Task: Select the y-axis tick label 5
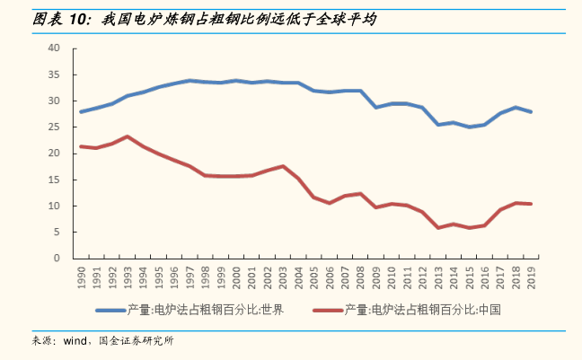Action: tap(56, 232)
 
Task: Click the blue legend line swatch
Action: tap(110, 311)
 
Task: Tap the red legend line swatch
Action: tap(327, 311)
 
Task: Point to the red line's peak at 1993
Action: tap(128, 136)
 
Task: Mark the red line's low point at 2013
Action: tap(438, 227)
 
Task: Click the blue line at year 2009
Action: tap(376, 107)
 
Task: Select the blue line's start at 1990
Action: tap(82, 111)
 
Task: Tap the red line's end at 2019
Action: tap(532, 204)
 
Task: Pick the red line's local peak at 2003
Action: tap(283, 166)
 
